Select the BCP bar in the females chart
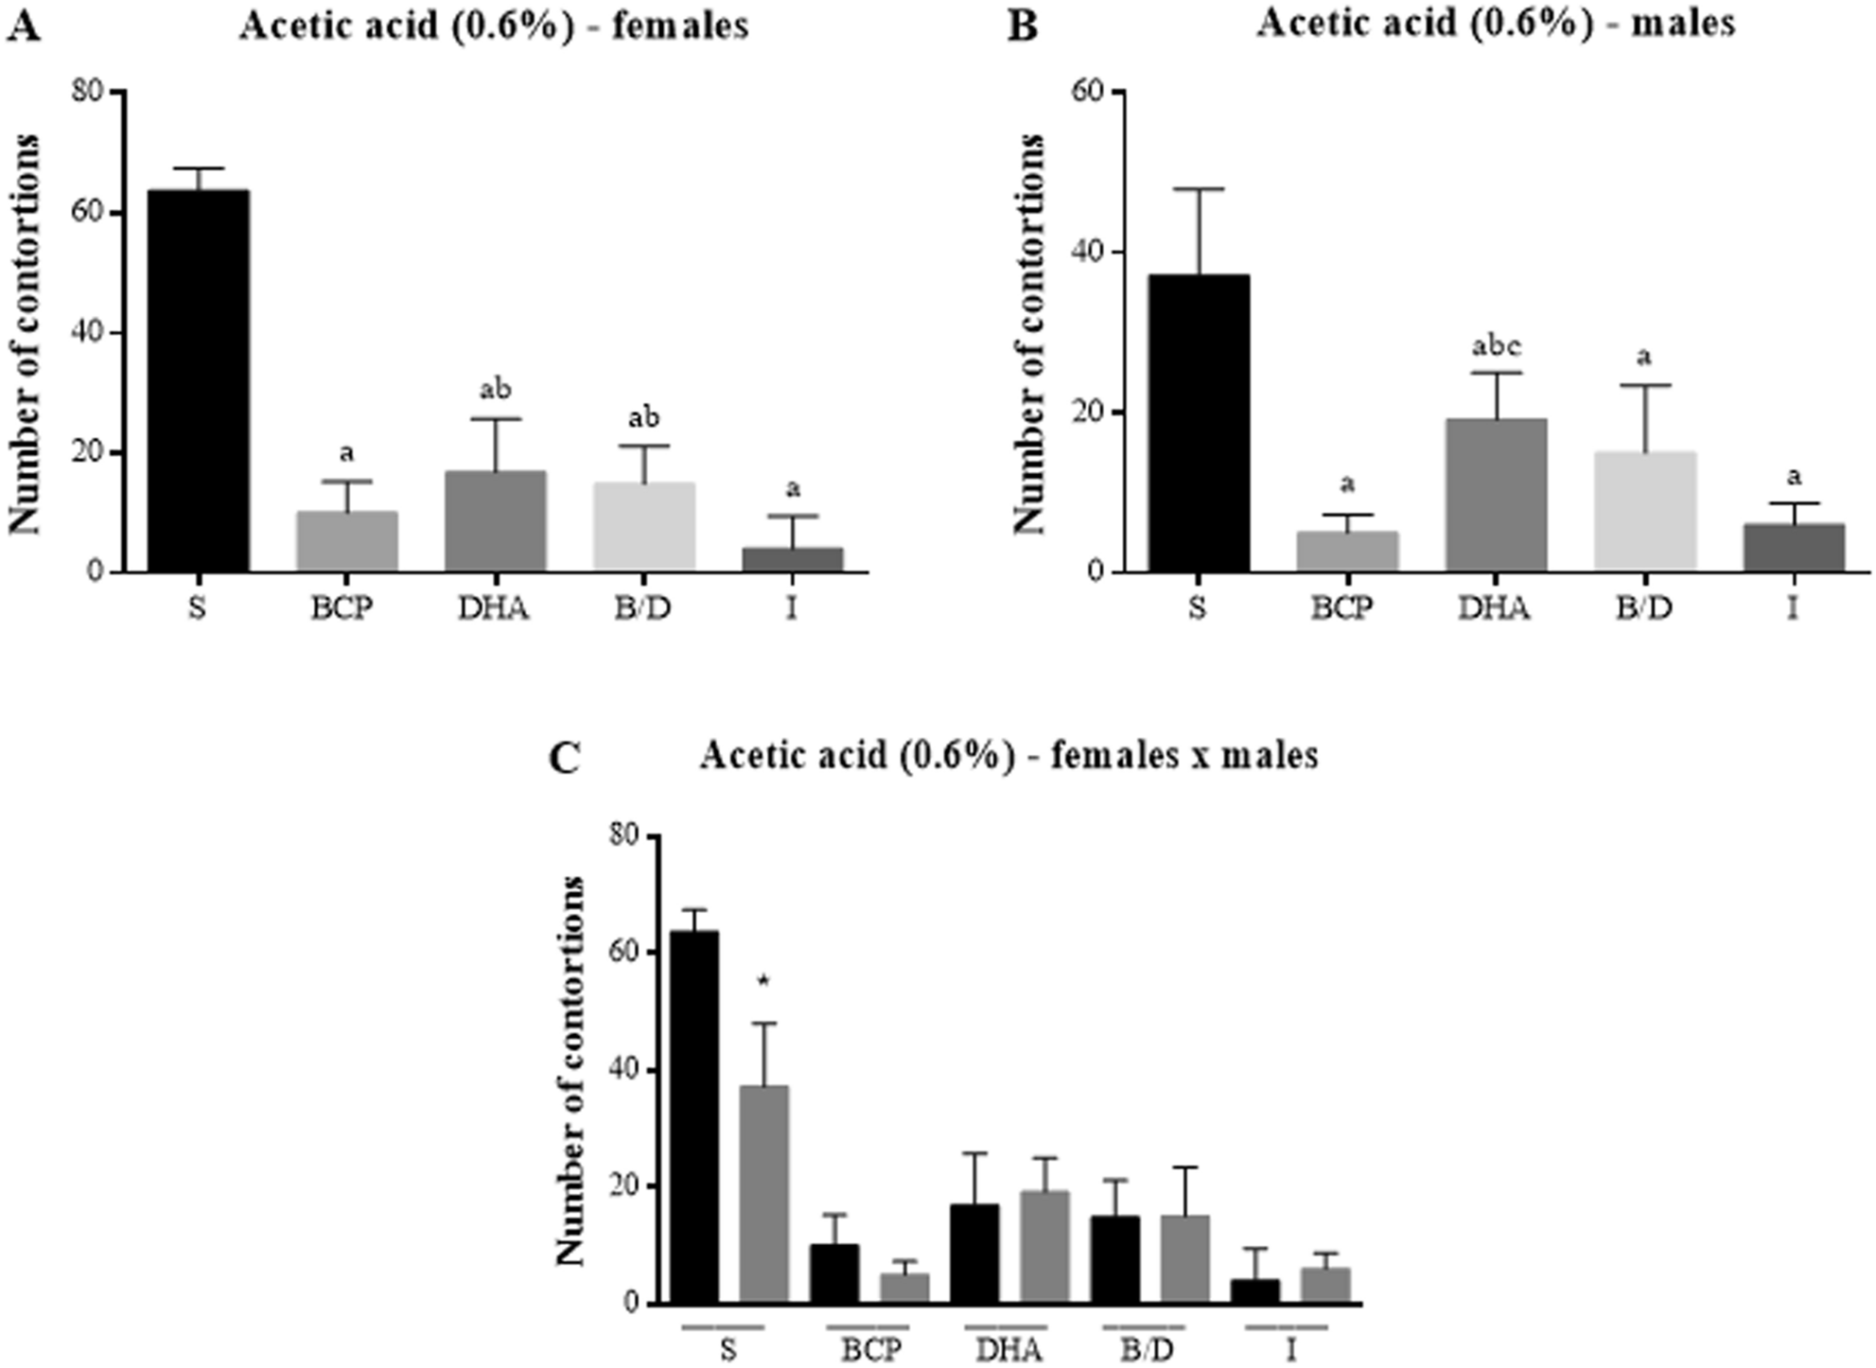coord(346,541)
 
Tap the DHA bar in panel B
coord(1496,495)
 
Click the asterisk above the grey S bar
coord(763,982)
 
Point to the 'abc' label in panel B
coord(1497,346)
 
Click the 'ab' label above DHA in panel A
coord(496,389)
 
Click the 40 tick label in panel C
coord(622,1070)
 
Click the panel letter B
coord(1023,26)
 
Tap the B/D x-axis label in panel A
coord(643,607)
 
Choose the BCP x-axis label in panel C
coord(870,1349)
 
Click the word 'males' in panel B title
coord(1683,24)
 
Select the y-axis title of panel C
coord(570,1070)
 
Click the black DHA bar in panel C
coord(974,1253)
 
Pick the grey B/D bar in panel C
coord(1184,1258)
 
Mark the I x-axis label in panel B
coord(1793,607)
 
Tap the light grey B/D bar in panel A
coord(644,527)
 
